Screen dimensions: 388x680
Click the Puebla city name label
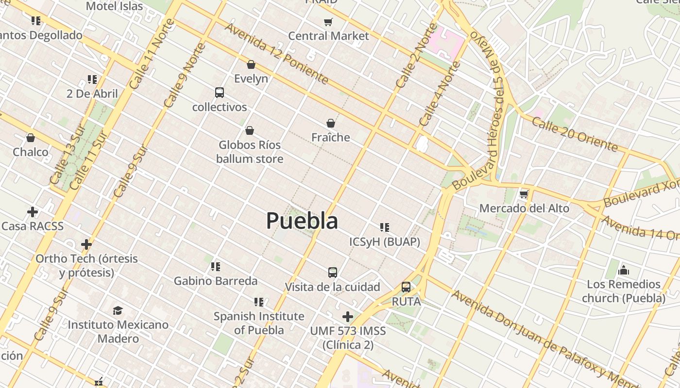(x=302, y=221)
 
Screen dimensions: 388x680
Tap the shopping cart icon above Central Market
(x=328, y=22)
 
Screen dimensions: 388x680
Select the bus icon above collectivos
(x=220, y=93)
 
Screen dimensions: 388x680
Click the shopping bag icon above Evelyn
(x=251, y=65)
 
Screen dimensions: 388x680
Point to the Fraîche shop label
(x=331, y=137)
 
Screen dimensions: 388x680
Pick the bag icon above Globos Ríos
(x=250, y=130)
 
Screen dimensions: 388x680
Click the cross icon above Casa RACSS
(x=33, y=212)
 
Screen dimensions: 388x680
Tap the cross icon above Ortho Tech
(x=86, y=244)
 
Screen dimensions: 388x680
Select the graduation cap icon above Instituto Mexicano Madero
(x=118, y=310)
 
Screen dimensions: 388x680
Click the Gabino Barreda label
(x=216, y=281)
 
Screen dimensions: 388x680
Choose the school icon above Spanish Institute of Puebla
(x=259, y=302)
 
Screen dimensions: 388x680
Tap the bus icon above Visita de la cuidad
(x=333, y=273)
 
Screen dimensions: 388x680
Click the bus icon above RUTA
(x=406, y=287)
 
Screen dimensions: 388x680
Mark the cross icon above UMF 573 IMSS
(x=348, y=317)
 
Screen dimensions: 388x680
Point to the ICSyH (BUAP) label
(x=385, y=242)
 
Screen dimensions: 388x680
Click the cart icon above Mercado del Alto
(x=524, y=194)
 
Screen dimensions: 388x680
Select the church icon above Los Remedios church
(x=624, y=270)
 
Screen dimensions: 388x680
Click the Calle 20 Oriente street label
(x=574, y=134)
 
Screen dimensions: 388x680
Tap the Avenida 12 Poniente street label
(x=276, y=53)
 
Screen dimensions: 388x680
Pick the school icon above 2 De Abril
(x=92, y=79)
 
